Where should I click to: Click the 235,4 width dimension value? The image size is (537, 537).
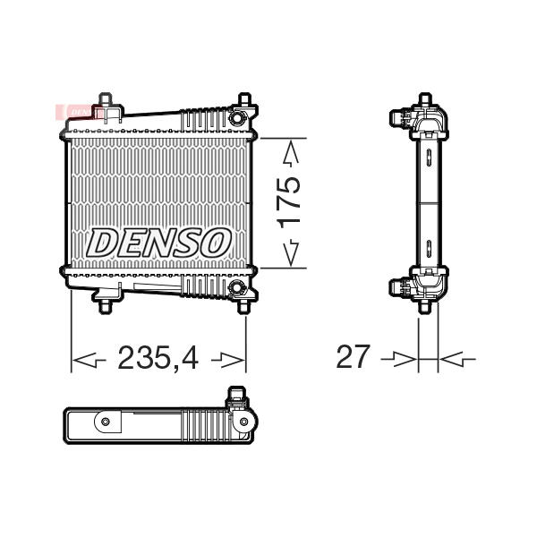[x=158, y=358]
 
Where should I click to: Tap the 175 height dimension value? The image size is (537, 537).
[x=289, y=203]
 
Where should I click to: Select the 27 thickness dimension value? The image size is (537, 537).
[x=354, y=356]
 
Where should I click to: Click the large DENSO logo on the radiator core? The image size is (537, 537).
[x=158, y=243]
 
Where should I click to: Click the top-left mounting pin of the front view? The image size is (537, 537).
[x=105, y=99]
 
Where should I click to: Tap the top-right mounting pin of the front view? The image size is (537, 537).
[x=244, y=99]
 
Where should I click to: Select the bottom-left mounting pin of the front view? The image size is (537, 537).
[x=105, y=306]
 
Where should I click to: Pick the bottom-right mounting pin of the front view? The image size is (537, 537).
[x=243, y=306]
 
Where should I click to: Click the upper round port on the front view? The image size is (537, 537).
[x=236, y=118]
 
